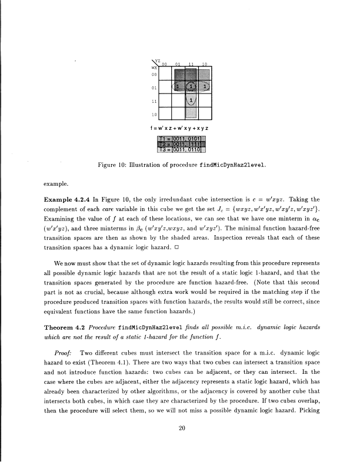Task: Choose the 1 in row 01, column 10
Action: [x=204, y=88]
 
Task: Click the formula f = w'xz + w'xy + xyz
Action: [x=180, y=128]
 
